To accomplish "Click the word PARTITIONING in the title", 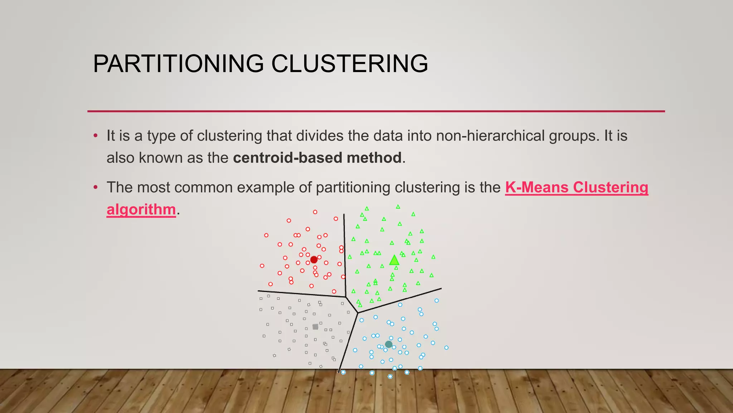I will point(178,64).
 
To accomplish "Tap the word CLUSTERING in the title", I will point(349,64).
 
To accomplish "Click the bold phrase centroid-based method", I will point(317,158).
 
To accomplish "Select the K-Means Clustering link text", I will point(576,187).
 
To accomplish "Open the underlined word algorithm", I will point(141,209).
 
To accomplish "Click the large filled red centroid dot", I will point(314,260).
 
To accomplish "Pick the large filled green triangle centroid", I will point(394,261).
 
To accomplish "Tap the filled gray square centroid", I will point(315,327).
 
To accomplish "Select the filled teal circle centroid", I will point(389,345).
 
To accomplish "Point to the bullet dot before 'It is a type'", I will point(96,136).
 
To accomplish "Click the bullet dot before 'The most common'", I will point(96,187).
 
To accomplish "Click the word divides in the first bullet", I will point(320,136).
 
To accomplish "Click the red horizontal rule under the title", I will point(376,111).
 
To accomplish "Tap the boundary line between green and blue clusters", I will point(401,300).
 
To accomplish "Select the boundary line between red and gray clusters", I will point(301,294).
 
